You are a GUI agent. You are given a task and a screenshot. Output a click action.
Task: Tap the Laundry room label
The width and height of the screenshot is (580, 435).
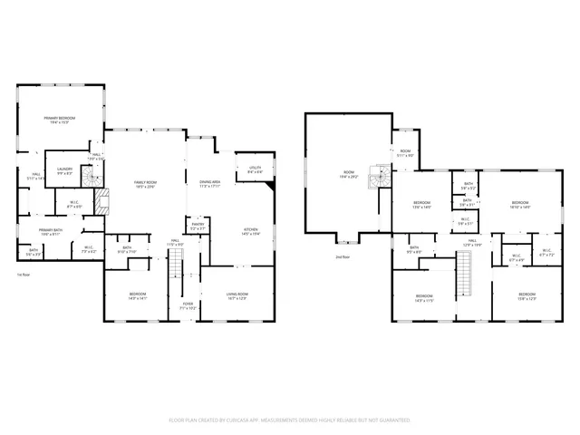[x=65, y=171]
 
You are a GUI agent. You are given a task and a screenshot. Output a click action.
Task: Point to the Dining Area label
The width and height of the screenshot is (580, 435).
[x=210, y=185]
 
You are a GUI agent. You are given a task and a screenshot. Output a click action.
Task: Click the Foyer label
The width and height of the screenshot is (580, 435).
[x=188, y=305]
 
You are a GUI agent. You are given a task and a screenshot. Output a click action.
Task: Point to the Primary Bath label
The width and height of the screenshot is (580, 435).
[x=51, y=232]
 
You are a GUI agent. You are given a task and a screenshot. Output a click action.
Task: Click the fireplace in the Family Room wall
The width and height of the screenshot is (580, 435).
[x=101, y=200]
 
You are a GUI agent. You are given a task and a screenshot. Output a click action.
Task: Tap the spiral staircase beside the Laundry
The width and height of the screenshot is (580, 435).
[x=89, y=178]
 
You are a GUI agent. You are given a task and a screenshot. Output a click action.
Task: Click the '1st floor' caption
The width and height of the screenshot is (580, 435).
[x=24, y=274]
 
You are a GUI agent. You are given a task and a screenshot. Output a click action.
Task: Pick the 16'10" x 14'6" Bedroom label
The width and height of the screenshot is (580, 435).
[x=519, y=205]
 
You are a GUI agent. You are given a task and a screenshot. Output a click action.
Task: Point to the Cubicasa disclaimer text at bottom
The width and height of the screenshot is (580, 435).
[x=289, y=420]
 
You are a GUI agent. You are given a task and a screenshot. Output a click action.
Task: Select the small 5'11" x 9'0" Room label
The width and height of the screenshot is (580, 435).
[x=406, y=153]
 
